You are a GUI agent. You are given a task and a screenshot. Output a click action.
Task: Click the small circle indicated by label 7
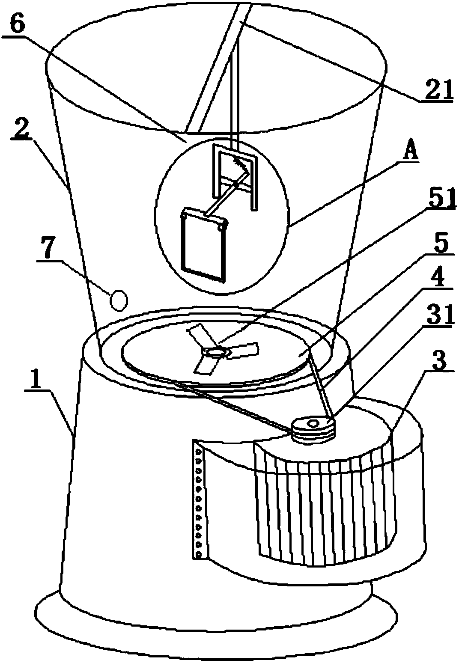119,300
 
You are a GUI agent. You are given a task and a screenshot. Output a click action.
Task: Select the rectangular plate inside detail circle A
204,245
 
